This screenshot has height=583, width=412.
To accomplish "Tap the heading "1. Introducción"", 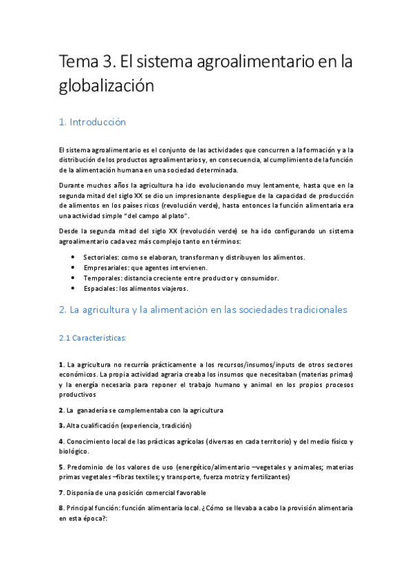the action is tap(93, 122).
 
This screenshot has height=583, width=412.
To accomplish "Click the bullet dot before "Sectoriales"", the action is tap(74, 257).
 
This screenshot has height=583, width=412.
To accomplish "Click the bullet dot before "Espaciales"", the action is tap(74, 288).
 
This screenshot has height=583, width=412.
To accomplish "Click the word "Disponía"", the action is tap(81, 492).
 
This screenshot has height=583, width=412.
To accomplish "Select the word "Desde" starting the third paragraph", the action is tap(69, 230).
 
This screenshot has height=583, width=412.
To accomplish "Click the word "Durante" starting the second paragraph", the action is tap(73, 185).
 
